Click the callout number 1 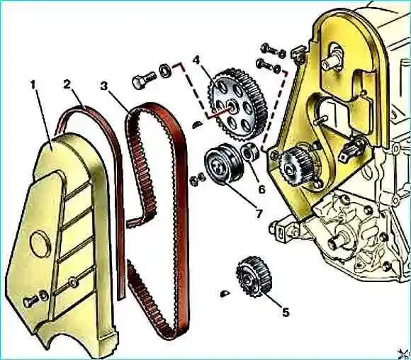(33, 86)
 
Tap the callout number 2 (67, 84)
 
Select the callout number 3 (104, 86)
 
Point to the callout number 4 (196, 60)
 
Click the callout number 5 (286, 313)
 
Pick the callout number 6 (262, 189)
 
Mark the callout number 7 (259, 214)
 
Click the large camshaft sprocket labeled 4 (237, 106)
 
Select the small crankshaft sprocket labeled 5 (254, 277)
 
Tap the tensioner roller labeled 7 (224, 164)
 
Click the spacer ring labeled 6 (250, 151)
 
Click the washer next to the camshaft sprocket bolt (165, 70)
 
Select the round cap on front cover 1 (40, 244)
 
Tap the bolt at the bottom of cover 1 (31, 302)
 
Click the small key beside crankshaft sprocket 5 (225, 293)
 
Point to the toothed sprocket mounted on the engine (295, 167)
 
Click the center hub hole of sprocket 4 (232, 106)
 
